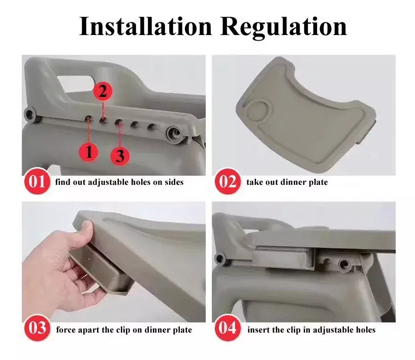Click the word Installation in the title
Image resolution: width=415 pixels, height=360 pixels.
pyautogui.click(x=146, y=26)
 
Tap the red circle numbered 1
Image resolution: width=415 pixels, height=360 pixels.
pyautogui.click(x=89, y=152)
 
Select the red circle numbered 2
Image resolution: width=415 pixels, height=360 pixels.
pyautogui.click(x=103, y=91)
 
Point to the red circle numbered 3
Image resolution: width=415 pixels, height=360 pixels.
pyautogui.click(x=120, y=155)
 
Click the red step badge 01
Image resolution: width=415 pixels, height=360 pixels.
pyautogui.click(x=37, y=181)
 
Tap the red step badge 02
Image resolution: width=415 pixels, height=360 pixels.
pyautogui.click(x=228, y=181)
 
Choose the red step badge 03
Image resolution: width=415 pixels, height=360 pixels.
pyautogui.click(x=37, y=328)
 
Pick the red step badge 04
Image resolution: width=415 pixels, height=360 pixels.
pyautogui.click(x=228, y=328)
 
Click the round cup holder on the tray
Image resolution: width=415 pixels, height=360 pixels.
pyautogui.click(x=257, y=110)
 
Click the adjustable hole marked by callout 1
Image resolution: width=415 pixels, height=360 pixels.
pyautogui.click(x=89, y=119)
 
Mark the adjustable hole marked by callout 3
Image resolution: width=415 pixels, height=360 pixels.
pyautogui.click(x=119, y=122)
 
